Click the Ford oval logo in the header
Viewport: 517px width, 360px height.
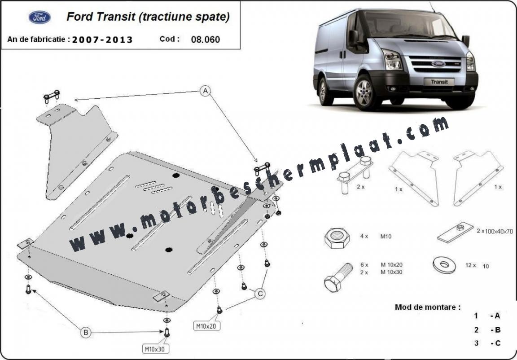coord(39,18)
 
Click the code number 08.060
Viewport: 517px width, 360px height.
coord(206,40)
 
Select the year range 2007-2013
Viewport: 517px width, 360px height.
coord(102,40)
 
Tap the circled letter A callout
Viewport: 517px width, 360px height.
coord(206,91)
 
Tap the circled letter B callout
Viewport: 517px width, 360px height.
coord(86,333)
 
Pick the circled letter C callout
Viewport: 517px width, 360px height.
coord(260,294)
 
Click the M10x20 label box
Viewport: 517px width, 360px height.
coord(207,326)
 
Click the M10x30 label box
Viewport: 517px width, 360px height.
coord(156,348)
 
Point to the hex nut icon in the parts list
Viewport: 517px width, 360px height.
coord(337,237)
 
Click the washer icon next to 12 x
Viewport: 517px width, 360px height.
coord(444,265)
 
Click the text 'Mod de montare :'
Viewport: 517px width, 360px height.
coord(428,307)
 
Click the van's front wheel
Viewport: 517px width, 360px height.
coord(365,92)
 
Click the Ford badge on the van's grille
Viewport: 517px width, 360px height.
coord(438,64)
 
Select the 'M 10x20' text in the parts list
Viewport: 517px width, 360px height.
coord(392,265)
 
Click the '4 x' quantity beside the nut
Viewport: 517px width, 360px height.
coord(364,237)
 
